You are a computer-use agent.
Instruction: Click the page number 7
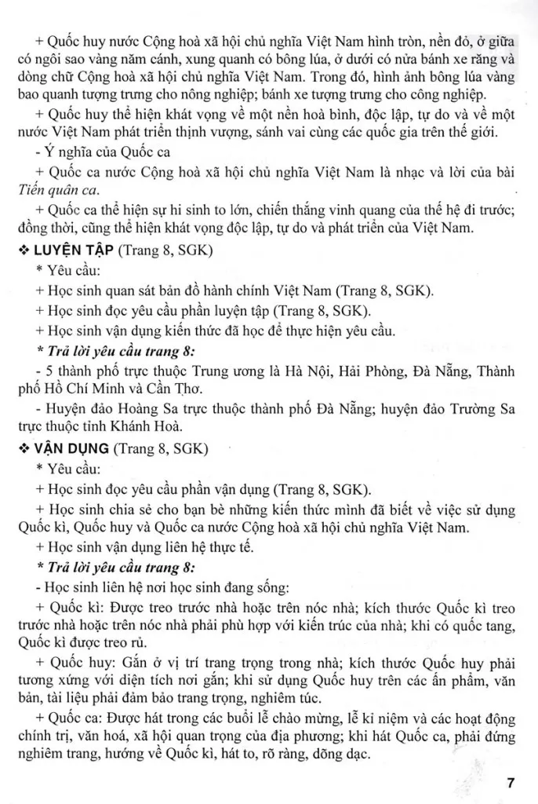point(511,783)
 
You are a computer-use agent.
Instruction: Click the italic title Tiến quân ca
point(53,191)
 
